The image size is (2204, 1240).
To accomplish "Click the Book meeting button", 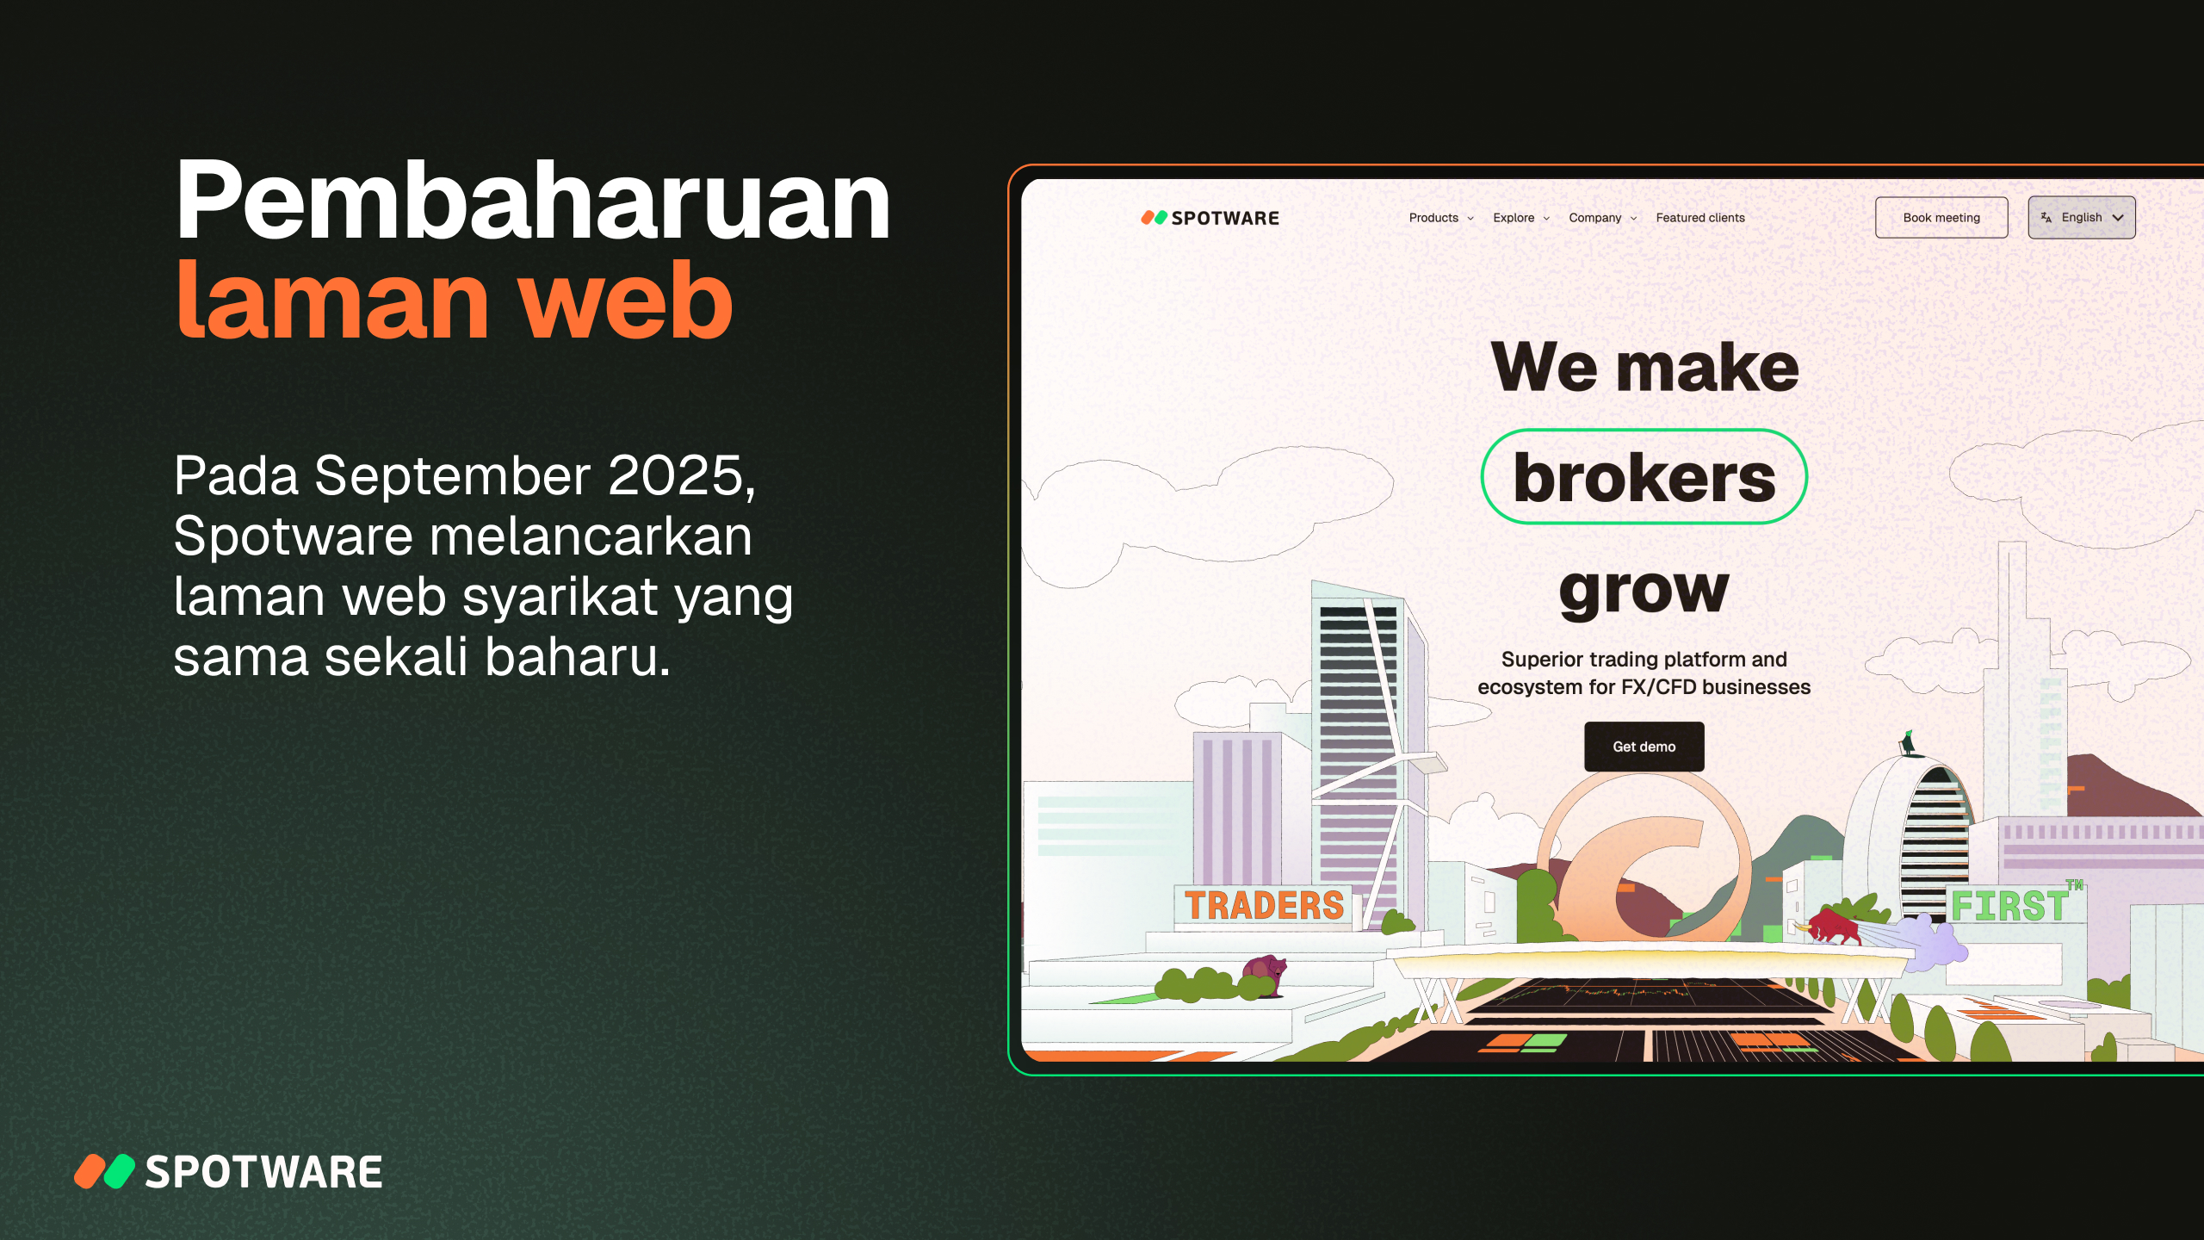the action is coord(1941,218).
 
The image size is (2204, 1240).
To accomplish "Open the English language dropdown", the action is coord(2081,218).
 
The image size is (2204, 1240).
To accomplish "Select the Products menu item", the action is coord(1441,218).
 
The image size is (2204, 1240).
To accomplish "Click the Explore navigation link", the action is coord(1521,218).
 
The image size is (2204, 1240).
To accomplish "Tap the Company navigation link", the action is coord(1602,218).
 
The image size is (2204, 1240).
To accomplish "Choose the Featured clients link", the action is coord(1700,218).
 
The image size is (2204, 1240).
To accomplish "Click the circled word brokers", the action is coord(1644,477).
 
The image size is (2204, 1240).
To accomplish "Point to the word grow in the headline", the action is coord(1644,592).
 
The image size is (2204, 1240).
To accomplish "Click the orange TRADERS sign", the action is coord(1264,906).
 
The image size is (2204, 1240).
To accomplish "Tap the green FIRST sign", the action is coord(2009,906).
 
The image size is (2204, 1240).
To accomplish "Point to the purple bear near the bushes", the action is coord(1264,975).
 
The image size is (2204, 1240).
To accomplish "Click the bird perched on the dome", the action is coord(1908,742).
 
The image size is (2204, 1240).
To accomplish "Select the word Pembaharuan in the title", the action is coord(532,201).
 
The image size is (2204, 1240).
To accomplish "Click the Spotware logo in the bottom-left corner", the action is coord(228,1172).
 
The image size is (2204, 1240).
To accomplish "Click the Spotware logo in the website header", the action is coord(1210,218).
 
